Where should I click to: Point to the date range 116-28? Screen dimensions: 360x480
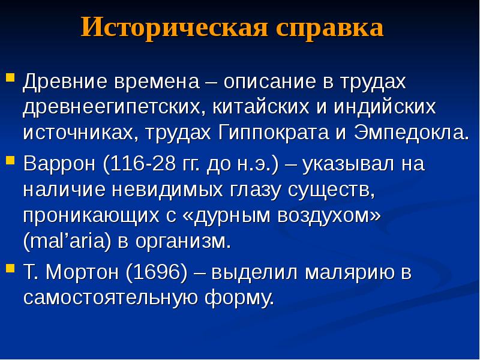coord(140,164)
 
